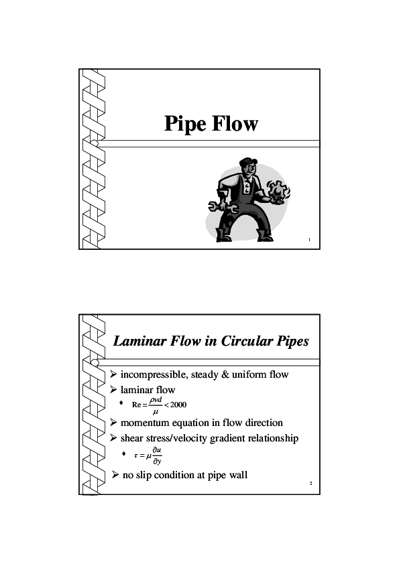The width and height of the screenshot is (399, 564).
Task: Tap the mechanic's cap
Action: point(248,162)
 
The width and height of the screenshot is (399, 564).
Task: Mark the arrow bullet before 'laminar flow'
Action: point(113,390)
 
